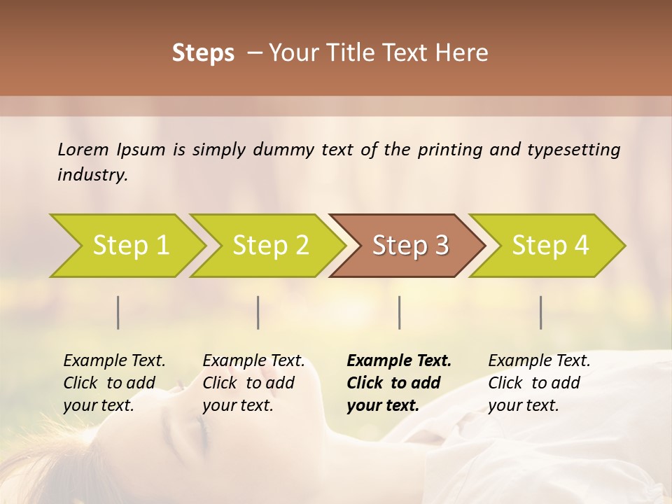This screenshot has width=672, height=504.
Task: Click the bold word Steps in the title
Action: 203,53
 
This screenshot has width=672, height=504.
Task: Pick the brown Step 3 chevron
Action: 410,246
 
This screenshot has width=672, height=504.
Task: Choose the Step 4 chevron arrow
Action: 550,246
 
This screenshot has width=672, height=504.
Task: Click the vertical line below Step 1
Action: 118,312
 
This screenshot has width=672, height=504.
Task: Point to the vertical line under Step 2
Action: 258,312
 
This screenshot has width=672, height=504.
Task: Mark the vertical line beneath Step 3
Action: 399,312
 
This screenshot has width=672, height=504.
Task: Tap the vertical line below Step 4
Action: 540,312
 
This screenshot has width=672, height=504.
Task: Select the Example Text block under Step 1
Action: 114,383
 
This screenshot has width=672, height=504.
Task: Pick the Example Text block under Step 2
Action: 253,383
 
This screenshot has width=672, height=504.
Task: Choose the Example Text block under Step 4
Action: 539,383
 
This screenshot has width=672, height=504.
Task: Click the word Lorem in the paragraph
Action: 83,150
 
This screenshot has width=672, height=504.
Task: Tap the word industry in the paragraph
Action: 92,175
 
